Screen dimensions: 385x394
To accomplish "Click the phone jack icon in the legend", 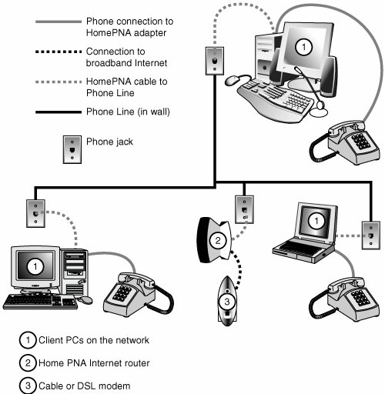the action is coord(72,149).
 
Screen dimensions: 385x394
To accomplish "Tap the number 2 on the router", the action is coord(218,240).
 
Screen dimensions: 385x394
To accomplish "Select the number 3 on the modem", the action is coord(227,302).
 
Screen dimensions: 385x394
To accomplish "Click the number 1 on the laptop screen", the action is coord(316,221).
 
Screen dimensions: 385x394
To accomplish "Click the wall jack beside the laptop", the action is coord(370,235).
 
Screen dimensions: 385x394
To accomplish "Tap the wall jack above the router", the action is coord(244,209).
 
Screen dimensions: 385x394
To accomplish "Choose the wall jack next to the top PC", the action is coord(215,61).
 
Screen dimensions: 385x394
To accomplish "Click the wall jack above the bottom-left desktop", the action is coord(35,213).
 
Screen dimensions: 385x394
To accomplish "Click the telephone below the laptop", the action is coord(344,299).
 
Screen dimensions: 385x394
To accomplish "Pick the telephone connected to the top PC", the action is coord(344,142).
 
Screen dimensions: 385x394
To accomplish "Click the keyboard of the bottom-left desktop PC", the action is coord(40,302).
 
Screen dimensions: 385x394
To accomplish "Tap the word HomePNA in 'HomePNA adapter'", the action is coord(109,33).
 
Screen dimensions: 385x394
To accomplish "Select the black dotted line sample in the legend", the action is coord(59,52).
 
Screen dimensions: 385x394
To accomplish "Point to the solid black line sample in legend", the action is coord(59,112).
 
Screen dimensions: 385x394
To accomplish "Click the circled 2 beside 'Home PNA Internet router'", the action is coord(28,362).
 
